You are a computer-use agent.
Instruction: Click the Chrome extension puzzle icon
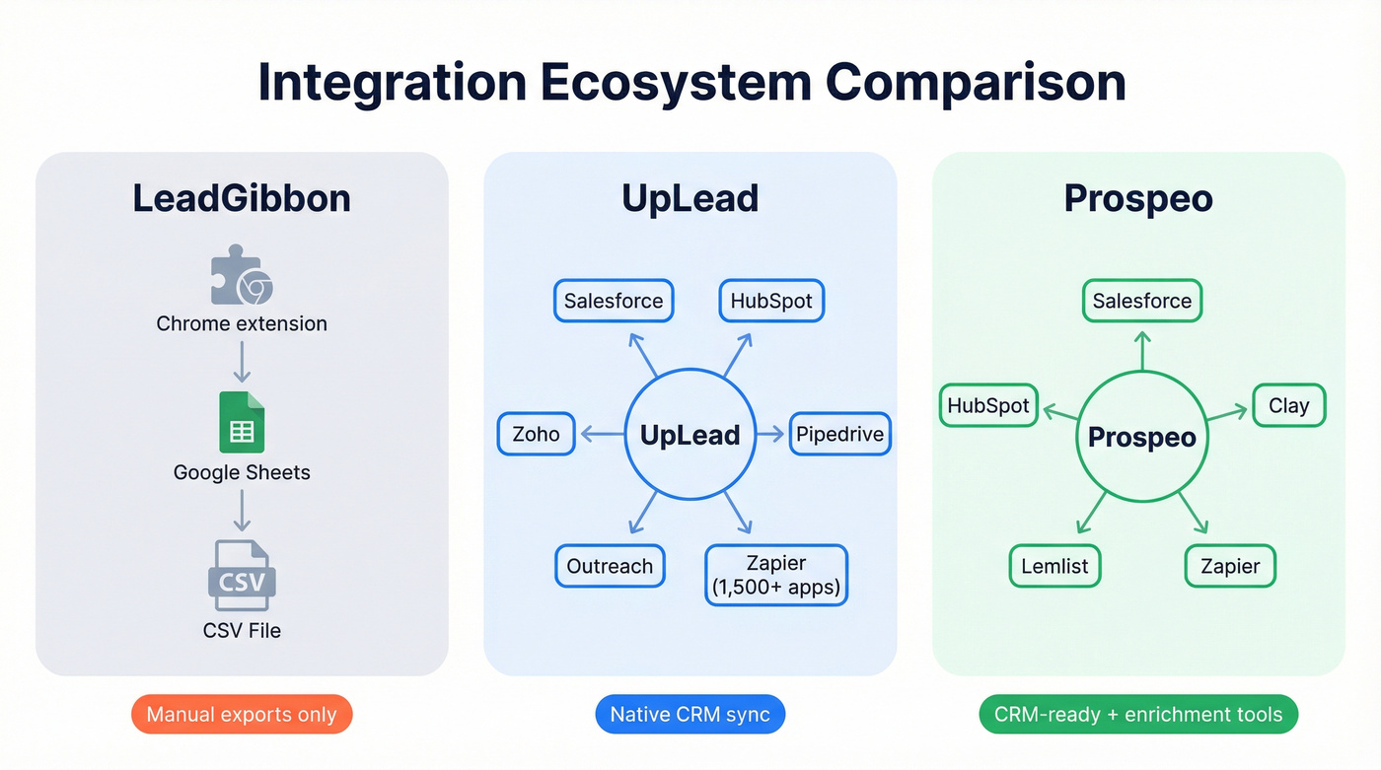[241, 276]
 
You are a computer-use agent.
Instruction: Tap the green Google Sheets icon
[242, 422]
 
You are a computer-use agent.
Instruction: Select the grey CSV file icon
[242, 576]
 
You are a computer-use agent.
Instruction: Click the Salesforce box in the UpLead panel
[613, 301]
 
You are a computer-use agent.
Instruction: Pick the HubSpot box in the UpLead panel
[770, 301]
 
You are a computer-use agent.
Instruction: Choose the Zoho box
[536, 434]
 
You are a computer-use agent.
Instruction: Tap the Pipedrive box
[839, 434]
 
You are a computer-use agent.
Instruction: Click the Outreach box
[610, 566]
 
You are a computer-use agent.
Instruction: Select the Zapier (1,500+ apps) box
[775, 576]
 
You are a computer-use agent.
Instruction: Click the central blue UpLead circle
[690, 435]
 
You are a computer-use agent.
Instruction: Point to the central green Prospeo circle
[1141, 438]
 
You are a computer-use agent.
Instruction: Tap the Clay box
[1288, 405]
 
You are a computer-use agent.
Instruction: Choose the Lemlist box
[1054, 566]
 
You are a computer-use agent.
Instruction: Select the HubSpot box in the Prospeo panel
[987, 405]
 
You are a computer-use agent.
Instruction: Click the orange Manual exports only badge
[241, 715]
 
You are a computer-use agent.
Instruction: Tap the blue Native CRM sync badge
[690, 715]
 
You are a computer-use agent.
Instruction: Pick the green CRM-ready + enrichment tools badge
[1138, 715]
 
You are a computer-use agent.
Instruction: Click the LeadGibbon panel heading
[242, 198]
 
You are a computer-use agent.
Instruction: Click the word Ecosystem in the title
[676, 83]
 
